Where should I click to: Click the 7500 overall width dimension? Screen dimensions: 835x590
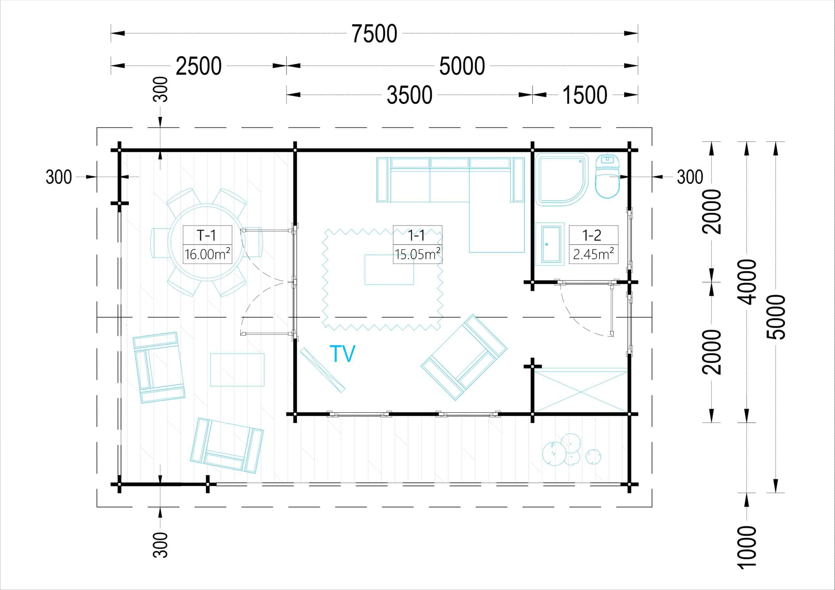click(x=374, y=34)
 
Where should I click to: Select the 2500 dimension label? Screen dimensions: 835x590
click(x=199, y=66)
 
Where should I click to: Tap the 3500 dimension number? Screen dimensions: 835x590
click(x=409, y=95)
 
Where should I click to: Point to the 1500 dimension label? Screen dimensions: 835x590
click(x=585, y=95)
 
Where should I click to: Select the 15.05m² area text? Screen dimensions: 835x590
click(x=418, y=254)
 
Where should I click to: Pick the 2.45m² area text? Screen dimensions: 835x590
click(x=594, y=254)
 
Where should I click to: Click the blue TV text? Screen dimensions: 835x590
click(x=342, y=353)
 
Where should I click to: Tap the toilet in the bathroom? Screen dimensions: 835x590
click(x=607, y=176)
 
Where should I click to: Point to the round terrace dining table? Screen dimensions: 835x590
click(x=206, y=242)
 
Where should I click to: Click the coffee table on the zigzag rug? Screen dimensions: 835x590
click(x=389, y=269)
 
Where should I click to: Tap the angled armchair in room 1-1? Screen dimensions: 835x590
click(x=464, y=357)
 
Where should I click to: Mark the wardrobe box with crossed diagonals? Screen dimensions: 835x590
click(x=581, y=390)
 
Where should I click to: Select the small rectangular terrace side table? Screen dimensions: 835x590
click(x=237, y=370)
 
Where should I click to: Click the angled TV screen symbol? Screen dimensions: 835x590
click(x=323, y=370)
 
